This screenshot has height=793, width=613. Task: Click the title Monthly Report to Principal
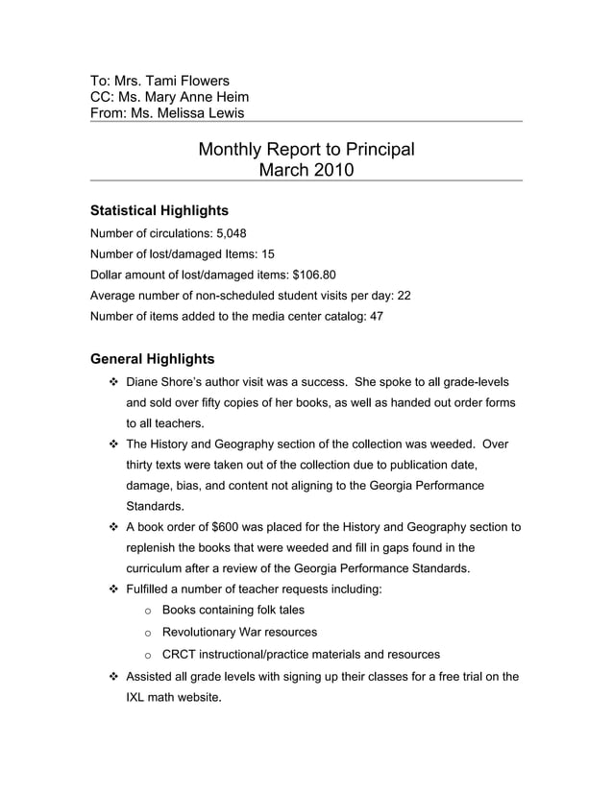click(306, 149)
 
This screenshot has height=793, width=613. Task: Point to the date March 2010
click(306, 170)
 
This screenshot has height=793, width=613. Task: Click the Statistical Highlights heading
click(159, 210)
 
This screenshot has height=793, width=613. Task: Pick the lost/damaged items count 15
click(267, 253)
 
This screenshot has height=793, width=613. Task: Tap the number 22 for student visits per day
click(404, 296)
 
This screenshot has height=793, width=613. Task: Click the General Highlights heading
click(152, 359)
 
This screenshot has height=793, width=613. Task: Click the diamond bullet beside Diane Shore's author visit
click(112, 382)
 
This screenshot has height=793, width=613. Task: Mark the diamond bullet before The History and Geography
click(112, 445)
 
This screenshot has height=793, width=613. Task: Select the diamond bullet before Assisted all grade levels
click(112, 676)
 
